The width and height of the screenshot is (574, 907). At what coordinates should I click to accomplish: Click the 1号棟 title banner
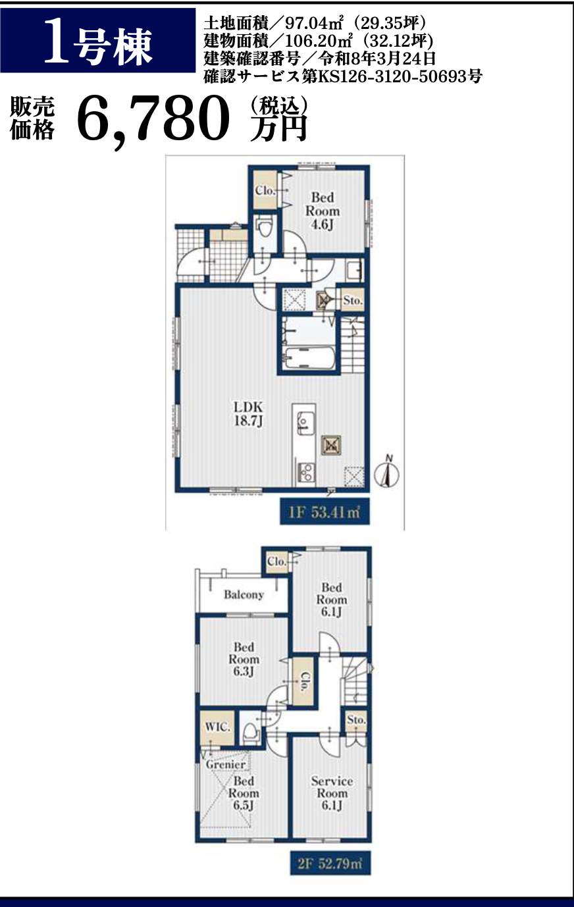pos(97,41)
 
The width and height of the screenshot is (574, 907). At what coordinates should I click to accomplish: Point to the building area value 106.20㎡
pos(319,41)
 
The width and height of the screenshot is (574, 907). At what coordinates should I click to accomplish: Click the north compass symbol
pos(388,473)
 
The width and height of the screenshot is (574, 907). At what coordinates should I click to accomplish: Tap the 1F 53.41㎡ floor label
pos(325,513)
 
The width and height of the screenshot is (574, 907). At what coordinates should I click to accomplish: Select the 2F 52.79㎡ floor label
pos(330,864)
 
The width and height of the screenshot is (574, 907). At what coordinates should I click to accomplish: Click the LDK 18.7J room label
pos(248,413)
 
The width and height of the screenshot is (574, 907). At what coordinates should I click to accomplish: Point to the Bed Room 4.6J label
pos(323,211)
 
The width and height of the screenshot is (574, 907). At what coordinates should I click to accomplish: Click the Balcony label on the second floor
pos(244,595)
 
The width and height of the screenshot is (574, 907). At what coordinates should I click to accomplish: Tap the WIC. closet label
pos(217,727)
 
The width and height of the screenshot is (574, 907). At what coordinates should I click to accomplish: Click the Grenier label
pos(226,765)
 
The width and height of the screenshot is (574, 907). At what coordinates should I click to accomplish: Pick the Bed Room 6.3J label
pos(244,659)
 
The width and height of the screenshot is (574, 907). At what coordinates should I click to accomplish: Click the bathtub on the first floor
pos(309,357)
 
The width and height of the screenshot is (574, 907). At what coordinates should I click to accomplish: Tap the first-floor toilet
pos(265,228)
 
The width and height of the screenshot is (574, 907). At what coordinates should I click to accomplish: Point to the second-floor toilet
pos(250,731)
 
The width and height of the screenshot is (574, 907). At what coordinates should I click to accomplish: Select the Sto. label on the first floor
pos(352,301)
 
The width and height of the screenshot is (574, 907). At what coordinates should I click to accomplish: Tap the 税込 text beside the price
pos(278,106)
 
